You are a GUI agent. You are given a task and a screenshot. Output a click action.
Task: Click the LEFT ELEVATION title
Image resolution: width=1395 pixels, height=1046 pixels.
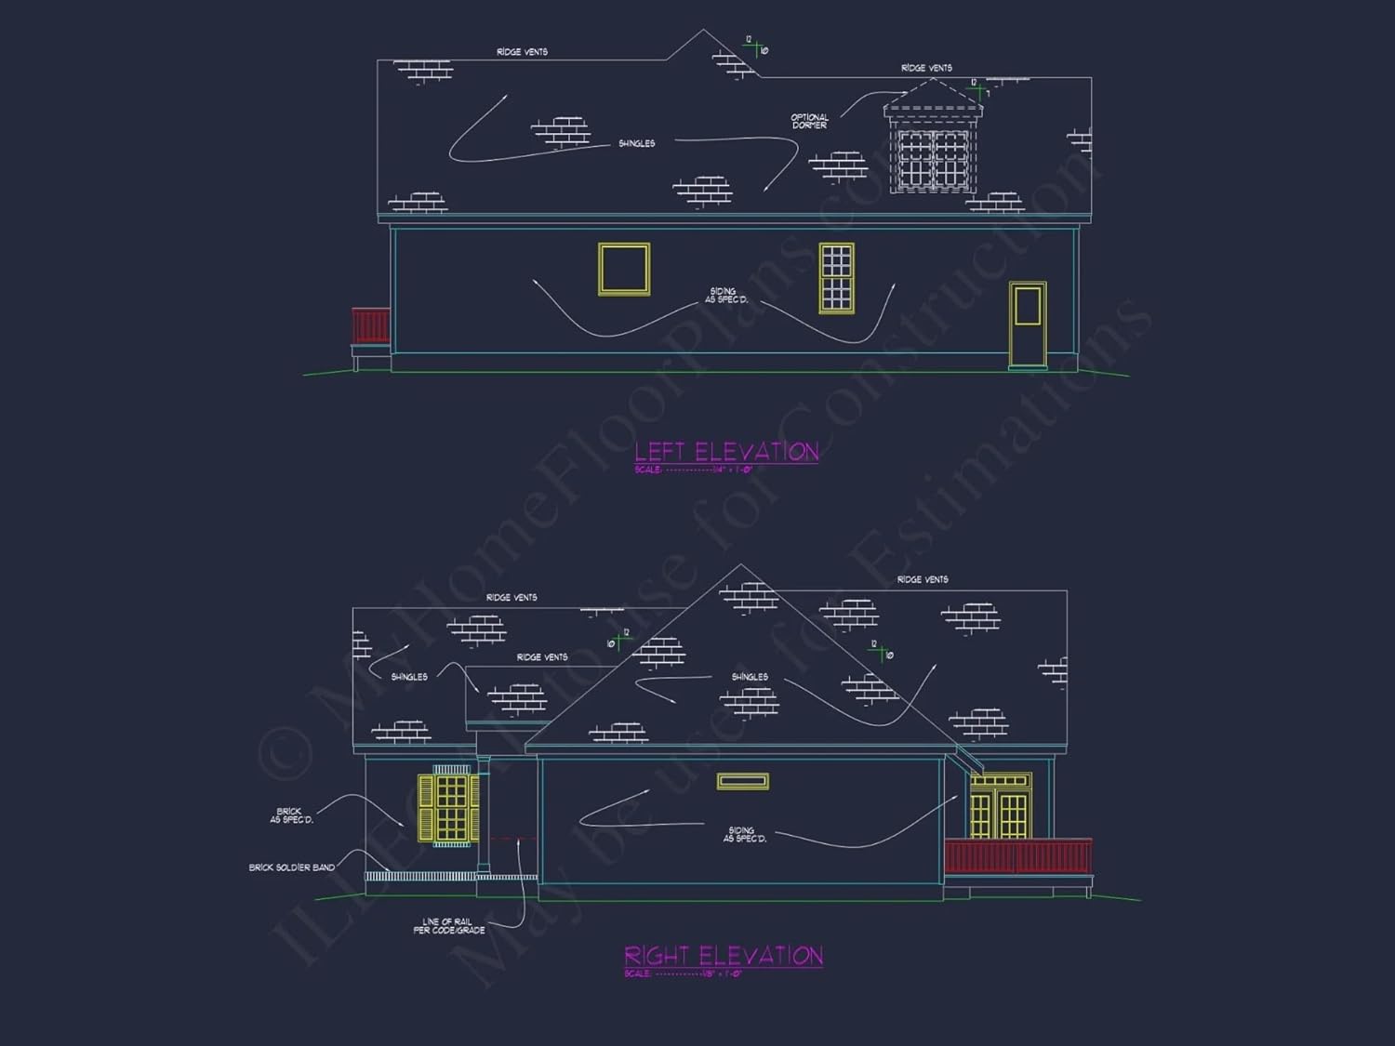point(726,452)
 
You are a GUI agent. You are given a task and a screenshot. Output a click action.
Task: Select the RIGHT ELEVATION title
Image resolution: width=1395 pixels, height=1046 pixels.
point(723,956)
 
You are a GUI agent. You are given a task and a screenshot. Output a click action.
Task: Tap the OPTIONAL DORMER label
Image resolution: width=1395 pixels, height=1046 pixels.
point(809,122)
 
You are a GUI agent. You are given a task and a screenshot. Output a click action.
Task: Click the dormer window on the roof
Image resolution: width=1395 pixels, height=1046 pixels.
point(932,158)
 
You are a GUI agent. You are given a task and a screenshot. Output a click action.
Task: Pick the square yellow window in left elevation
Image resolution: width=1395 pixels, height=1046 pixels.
point(624,270)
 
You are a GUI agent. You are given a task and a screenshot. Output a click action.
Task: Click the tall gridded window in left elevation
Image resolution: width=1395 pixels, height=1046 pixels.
point(836,277)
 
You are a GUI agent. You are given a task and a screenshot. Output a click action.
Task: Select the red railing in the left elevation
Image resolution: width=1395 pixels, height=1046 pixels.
point(370,325)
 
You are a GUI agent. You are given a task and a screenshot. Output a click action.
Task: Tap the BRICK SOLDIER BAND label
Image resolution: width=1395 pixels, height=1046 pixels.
point(291,867)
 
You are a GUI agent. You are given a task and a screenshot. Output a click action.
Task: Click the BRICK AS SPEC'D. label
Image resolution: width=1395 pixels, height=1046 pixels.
point(291,815)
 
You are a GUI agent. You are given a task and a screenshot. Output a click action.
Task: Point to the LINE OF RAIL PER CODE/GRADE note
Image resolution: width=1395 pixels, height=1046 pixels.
point(448,926)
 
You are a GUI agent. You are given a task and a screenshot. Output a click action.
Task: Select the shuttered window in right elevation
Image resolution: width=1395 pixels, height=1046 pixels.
point(450,807)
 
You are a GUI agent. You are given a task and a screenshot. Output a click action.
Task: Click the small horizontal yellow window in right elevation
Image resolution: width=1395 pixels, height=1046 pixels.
point(742,782)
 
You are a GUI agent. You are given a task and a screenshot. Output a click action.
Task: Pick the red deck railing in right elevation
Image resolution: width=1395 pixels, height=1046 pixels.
point(1017,855)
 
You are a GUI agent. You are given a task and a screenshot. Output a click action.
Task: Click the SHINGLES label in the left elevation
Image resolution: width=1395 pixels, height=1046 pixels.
point(636,144)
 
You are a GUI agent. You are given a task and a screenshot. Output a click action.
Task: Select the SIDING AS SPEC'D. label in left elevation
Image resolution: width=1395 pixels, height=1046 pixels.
point(725,296)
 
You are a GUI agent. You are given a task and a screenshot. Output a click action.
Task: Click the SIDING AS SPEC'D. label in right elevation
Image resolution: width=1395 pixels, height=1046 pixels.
point(744,835)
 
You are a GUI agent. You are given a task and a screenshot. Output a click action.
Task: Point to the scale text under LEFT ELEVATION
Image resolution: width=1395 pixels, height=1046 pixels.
point(692,470)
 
